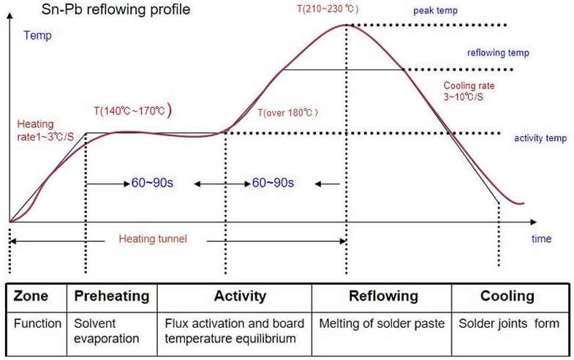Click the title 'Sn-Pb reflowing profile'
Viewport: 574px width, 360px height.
click(x=105, y=10)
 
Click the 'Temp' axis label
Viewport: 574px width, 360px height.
click(x=37, y=35)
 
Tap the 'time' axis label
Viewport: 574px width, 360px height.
click(x=541, y=239)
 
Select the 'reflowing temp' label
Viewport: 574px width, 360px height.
click(x=498, y=53)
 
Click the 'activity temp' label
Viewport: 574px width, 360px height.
click(x=538, y=138)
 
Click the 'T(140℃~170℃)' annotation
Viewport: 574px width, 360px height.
click(x=132, y=110)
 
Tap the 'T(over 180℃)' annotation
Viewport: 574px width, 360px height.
click(x=288, y=113)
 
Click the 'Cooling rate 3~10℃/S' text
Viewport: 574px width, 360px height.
click(x=469, y=91)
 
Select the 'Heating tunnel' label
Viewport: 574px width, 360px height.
click(x=153, y=239)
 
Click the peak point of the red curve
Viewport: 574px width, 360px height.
click(x=345, y=25)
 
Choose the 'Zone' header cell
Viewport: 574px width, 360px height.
click(x=31, y=296)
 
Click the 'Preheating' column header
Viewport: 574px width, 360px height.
click(x=112, y=296)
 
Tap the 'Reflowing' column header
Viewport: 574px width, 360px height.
click(x=383, y=296)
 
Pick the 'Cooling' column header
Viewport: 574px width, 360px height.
click(x=507, y=296)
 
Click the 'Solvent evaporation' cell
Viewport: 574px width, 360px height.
click(x=107, y=331)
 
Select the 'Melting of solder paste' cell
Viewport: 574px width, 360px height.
click(x=382, y=323)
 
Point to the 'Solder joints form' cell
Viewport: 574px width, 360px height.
click(x=509, y=323)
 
